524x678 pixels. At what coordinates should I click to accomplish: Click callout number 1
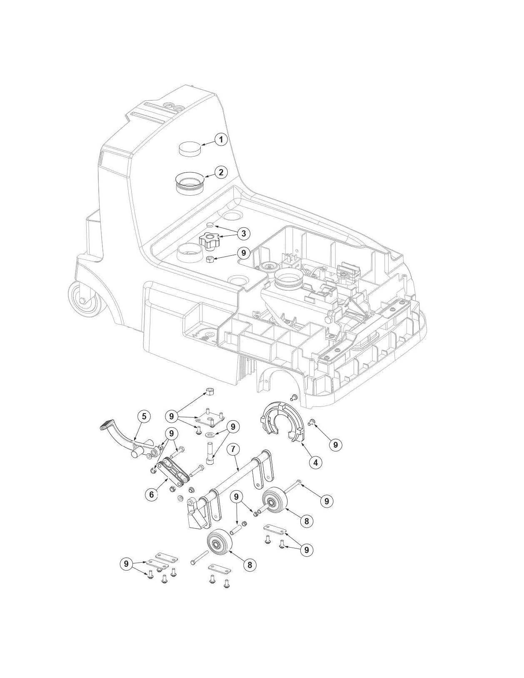click(221, 140)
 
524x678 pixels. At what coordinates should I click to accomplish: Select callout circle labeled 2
click(221, 172)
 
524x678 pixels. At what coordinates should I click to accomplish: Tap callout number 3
click(243, 233)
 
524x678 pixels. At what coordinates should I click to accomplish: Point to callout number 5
click(144, 416)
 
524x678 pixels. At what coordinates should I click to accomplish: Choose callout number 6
click(152, 494)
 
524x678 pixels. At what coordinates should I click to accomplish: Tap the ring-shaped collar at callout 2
click(190, 183)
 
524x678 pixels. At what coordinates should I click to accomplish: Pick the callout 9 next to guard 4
click(335, 445)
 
